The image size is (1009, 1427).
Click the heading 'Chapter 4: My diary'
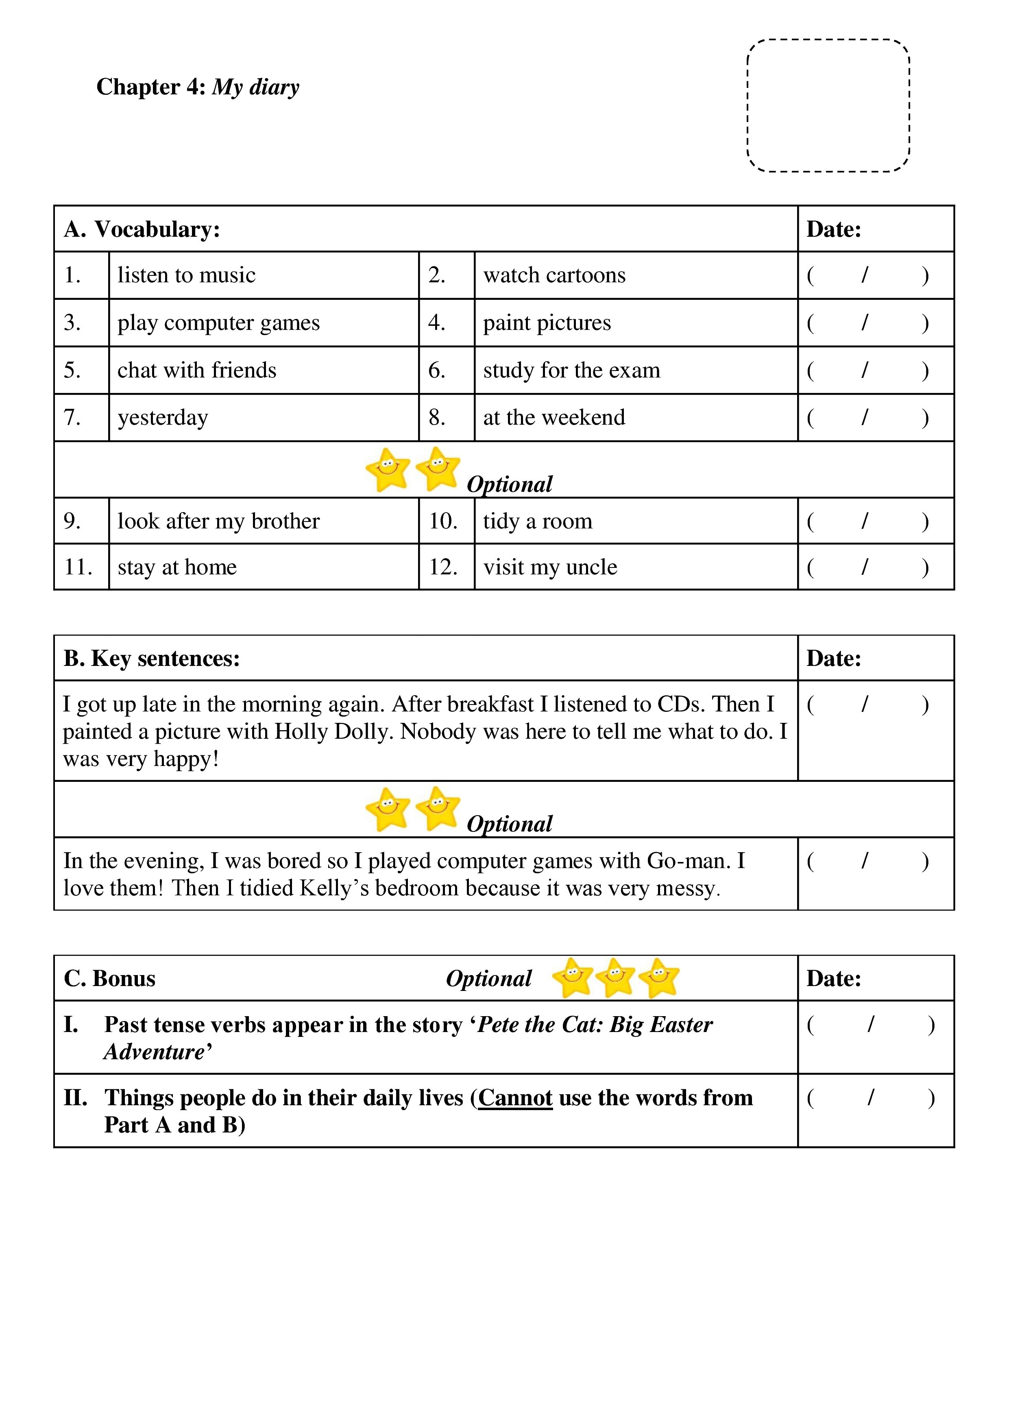(x=198, y=87)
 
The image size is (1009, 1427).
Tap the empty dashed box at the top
(x=828, y=106)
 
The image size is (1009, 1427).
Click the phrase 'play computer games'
(x=219, y=323)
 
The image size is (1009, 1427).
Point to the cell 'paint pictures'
(x=547, y=323)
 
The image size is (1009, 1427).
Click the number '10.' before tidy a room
(x=443, y=521)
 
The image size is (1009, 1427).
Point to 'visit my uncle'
(x=550, y=567)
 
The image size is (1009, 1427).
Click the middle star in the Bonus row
(x=616, y=977)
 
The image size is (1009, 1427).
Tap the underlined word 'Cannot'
(x=515, y=1098)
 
